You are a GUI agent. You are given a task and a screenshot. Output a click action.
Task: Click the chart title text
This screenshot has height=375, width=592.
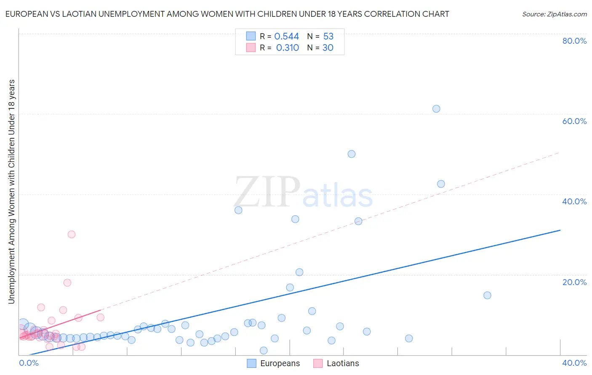click(x=227, y=14)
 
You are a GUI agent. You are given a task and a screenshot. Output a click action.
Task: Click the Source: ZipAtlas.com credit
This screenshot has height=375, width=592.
click(x=554, y=14)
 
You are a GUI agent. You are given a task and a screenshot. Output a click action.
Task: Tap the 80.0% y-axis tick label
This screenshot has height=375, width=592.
click(x=574, y=41)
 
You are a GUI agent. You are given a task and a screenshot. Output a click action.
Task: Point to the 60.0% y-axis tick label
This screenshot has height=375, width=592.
click(x=574, y=121)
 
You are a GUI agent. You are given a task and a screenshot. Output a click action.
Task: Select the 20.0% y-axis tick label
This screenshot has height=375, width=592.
click(x=574, y=282)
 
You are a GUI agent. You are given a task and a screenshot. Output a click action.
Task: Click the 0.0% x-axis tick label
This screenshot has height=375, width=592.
click(x=29, y=363)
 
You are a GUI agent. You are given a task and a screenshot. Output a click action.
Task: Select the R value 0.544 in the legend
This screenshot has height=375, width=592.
click(x=286, y=37)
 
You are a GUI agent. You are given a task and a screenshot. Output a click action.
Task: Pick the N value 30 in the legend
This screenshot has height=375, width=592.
click(x=328, y=48)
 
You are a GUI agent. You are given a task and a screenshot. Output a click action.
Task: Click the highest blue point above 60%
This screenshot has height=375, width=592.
click(x=436, y=109)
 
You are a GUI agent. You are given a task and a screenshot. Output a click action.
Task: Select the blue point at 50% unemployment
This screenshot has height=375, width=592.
click(x=352, y=154)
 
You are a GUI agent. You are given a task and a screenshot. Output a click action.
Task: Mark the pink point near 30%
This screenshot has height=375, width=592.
click(x=72, y=235)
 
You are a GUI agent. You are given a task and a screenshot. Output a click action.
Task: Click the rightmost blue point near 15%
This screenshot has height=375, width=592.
click(x=487, y=295)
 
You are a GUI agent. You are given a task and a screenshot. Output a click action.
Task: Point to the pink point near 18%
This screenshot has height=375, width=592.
click(x=67, y=283)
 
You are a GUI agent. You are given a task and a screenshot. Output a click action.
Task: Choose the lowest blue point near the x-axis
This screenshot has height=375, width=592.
click(x=264, y=350)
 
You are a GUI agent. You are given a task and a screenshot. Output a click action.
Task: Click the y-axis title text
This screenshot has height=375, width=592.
click(x=11, y=191)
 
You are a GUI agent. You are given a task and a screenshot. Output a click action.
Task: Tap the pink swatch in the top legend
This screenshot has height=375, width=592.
click(x=251, y=48)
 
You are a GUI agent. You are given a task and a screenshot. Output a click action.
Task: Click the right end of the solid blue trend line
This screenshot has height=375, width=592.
click(x=560, y=230)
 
